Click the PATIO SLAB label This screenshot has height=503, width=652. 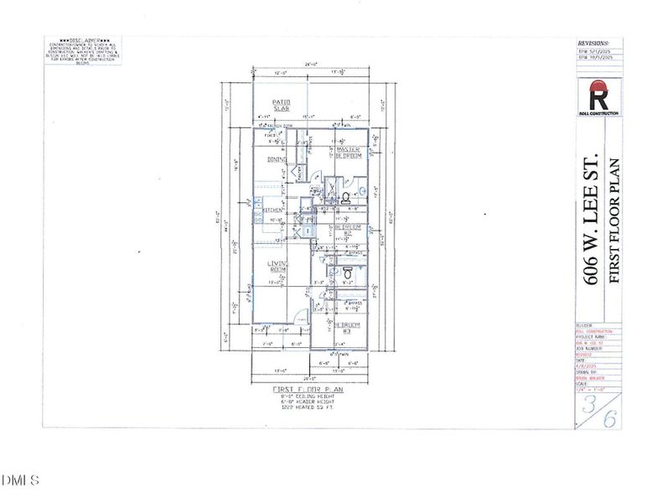click(x=280, y=105)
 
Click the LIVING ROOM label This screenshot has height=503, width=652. click(x=277, y=267)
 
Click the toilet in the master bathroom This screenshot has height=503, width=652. click(x=345, y=199)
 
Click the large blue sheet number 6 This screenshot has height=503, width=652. click(x=611, y=419)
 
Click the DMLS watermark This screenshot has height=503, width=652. click(x=20, y=480)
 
